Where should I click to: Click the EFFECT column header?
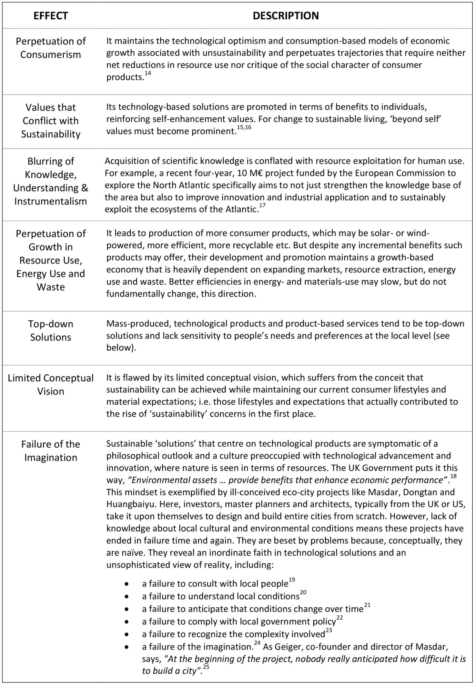point(51,16)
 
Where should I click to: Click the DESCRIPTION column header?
point(286,16)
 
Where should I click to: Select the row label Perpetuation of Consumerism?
point(51,48)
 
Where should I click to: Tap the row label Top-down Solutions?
point(51,330)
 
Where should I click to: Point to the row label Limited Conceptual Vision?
point(51,384)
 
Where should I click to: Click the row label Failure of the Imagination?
point(51,451)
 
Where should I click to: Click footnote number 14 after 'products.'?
point(148,74)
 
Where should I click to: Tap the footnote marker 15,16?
point(244,128)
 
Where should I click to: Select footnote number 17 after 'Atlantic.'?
point(262,205)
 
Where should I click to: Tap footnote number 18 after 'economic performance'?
point(453,476)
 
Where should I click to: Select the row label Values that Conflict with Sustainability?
point(51,121)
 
